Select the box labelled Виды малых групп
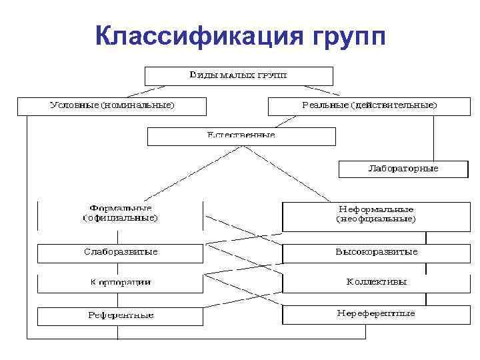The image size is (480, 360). coord(239,75)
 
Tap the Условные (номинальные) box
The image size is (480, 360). coord(111,106)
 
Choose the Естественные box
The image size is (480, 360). coord(241,136)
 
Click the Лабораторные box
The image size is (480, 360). coord(403,169)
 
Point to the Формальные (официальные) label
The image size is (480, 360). coord(120,213)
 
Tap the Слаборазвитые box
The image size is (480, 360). coord(120,253)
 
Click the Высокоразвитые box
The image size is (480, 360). coord(377,253)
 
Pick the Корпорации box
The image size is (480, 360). coord(120,283)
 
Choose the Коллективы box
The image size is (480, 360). coord(377,283)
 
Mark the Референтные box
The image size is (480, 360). coord(120,315)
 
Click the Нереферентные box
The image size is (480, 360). coord(377,314)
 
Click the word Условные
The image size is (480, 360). coord(73,106)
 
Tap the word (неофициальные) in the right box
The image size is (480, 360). coord(377,219)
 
